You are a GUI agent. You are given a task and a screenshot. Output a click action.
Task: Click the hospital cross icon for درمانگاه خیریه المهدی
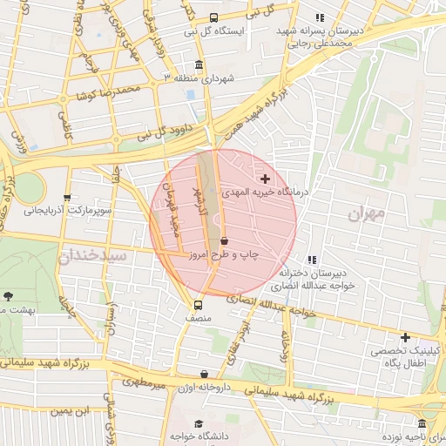point(266,178)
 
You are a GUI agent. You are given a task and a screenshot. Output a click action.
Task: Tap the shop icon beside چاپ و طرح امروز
point(225,240)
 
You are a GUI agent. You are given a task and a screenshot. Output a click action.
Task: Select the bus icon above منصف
point(198,305)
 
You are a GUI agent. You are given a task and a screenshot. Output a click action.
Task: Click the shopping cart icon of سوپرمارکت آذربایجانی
point(67,198)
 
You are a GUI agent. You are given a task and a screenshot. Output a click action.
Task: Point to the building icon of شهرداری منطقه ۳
point(199,65)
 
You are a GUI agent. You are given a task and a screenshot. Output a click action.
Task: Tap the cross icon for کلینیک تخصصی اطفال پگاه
point(404,337)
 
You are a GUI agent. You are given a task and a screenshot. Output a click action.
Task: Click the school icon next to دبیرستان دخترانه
point(312,259)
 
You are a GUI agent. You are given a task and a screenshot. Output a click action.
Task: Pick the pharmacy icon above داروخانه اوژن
point(204,374)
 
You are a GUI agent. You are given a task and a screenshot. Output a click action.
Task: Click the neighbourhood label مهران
point(365,213)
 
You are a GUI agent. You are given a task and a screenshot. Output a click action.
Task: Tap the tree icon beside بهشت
point(8,297)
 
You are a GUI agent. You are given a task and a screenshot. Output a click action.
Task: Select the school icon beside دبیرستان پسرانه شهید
point(319,17)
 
